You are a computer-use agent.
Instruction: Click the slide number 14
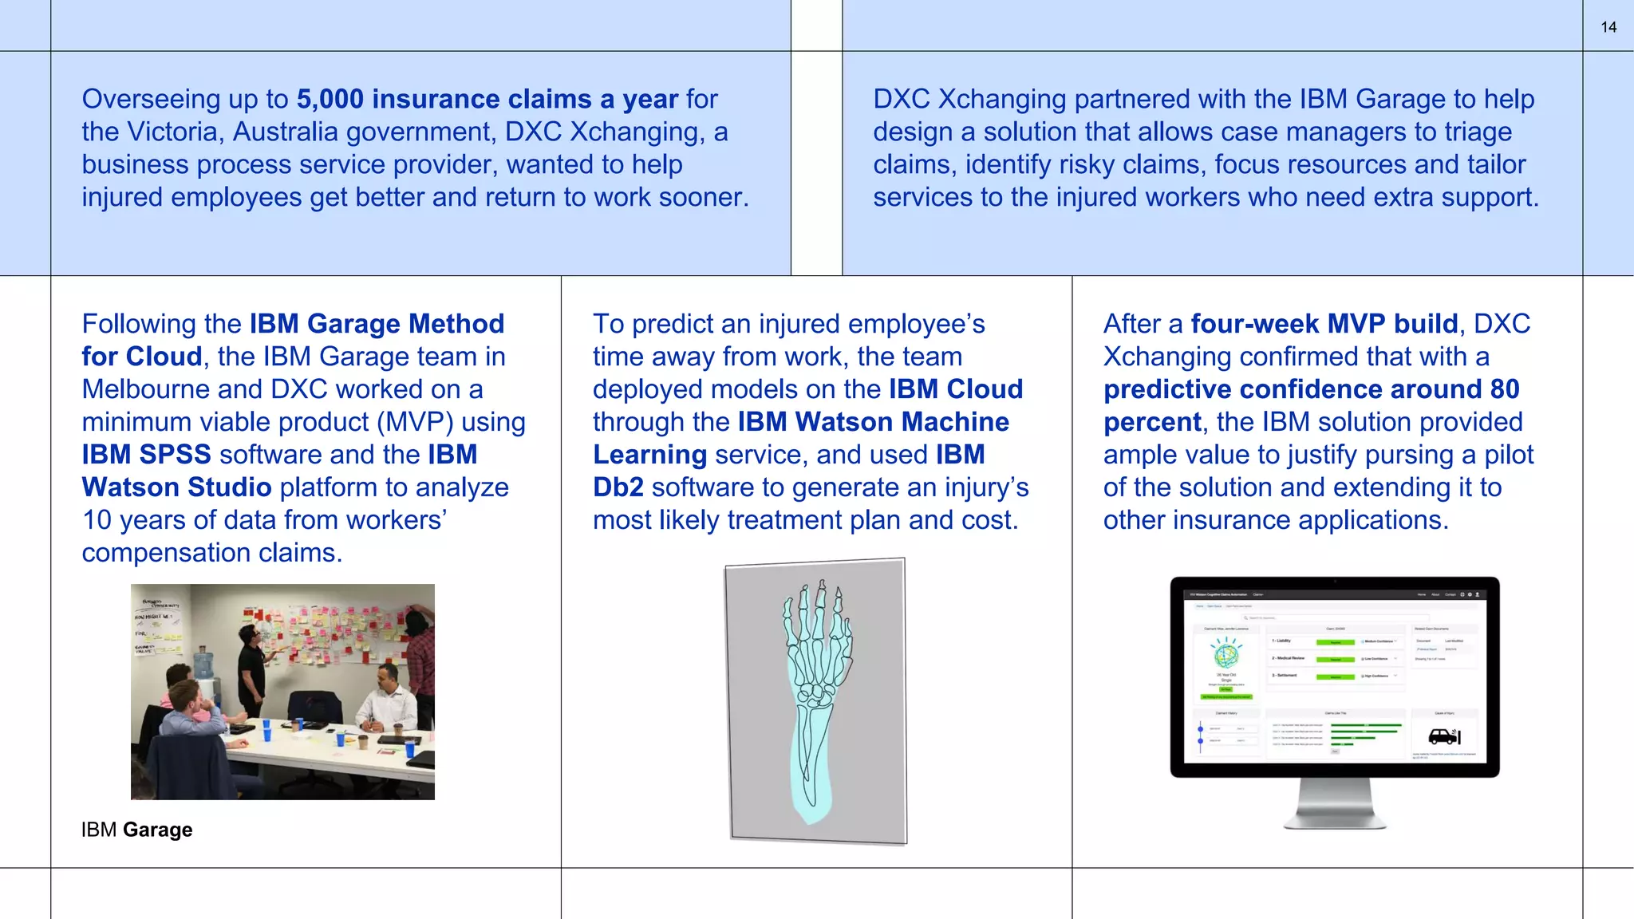tap(1608, 27)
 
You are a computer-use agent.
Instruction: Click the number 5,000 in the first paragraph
tap(330, 99)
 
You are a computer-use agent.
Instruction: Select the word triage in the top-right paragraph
tap(1475, 132)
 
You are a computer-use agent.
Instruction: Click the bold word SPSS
tap(175, 455)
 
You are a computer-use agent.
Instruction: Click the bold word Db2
tap(618, 487)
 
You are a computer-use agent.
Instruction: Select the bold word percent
tap(1152, 422)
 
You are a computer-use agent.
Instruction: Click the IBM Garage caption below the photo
tap(136, 830)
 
